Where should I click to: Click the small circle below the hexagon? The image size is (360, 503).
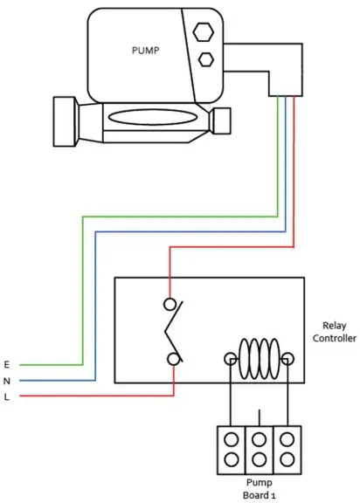click(x=206, y=59)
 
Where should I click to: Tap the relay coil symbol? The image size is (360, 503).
click(x=259, y=358)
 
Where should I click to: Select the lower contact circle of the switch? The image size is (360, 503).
click(x=175, y=358)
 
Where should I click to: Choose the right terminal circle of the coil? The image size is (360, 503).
click(x=287, y=358)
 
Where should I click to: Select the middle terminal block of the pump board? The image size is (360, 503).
click(x=259, y=449)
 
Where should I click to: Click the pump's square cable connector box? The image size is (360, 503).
click(x=285, y=80)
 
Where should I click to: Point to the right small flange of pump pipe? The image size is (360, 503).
click(x=222, y=120)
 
